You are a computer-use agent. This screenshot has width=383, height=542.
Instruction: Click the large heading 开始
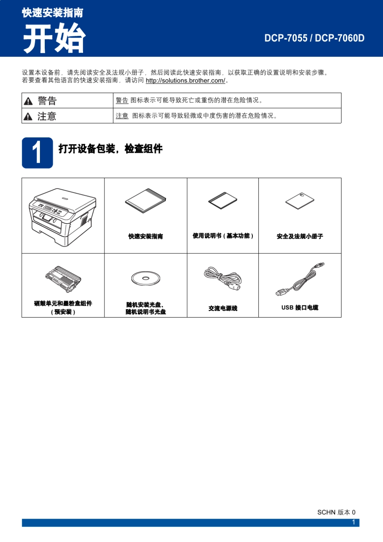54,38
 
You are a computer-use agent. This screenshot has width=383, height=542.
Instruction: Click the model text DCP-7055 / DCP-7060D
314,38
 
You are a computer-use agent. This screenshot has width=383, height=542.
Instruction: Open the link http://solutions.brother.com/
185,81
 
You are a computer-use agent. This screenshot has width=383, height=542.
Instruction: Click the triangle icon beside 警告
28,101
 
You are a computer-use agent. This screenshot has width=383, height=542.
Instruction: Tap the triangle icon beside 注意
28,117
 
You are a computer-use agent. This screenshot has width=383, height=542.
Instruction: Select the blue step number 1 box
37,153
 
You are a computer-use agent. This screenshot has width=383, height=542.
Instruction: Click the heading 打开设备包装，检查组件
110,149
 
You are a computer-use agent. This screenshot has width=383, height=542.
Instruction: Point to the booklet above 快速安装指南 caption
146,200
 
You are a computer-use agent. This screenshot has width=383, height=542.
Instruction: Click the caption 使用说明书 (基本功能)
223,236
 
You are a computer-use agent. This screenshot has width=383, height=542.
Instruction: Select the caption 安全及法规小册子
300,237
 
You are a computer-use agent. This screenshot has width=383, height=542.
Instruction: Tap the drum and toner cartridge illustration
63,279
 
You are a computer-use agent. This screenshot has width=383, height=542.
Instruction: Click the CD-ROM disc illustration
146,278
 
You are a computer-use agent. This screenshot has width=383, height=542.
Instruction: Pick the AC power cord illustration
223,278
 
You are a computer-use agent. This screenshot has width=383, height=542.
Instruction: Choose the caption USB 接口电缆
300,307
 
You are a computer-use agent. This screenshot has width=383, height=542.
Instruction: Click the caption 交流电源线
223,308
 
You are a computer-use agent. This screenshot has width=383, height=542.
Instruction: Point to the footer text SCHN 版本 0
336,512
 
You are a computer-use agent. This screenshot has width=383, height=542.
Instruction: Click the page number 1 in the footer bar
354,522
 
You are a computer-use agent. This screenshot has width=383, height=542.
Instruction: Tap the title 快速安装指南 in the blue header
52,13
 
